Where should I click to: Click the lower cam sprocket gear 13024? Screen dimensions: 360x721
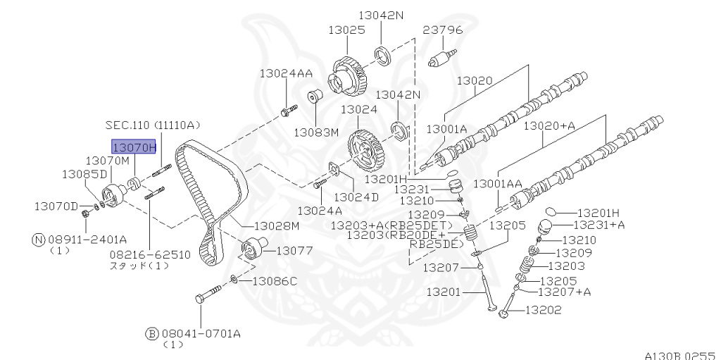366,150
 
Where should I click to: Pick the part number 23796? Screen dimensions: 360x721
443,30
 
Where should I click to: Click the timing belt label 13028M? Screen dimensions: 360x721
277,225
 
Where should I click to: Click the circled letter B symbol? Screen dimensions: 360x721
151,333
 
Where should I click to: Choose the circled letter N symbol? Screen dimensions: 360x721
39,239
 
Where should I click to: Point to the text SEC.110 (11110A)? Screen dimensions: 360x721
153,125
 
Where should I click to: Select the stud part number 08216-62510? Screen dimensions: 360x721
149,254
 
